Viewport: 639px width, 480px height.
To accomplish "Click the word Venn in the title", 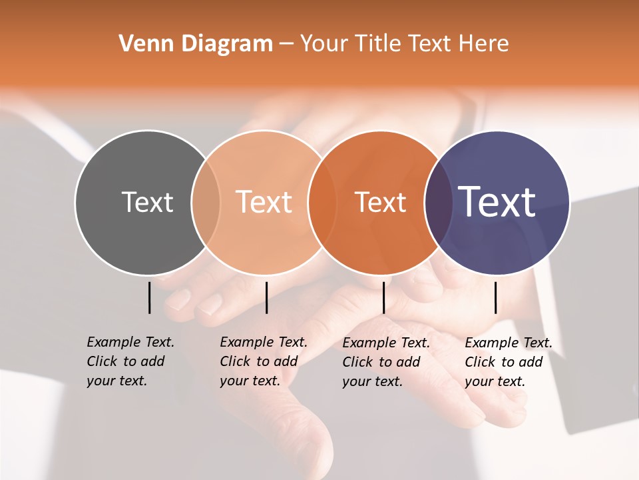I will [x=142, y=43].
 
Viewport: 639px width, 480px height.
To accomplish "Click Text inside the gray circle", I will [x=147, y=202].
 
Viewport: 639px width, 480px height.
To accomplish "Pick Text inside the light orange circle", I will [x=264, y=202].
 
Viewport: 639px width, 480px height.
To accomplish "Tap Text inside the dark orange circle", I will [x=380, y=202].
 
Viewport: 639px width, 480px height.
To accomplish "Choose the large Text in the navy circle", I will [x=497, y=202].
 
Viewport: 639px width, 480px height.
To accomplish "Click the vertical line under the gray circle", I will [x=150, y=297].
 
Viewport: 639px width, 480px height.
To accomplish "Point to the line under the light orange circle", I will [x=266, y=297].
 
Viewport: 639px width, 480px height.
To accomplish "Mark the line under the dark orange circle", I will [x=383, y=297].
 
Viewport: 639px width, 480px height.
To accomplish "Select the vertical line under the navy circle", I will [x=495, y=297].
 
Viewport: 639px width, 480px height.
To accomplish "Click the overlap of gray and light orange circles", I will [x=206, y=202].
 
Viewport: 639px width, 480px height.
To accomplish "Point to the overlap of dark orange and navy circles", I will [x=436, y=202].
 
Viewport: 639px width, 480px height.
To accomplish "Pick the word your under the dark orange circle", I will [x=356, y=381].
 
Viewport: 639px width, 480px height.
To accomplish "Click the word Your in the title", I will [x=324, y=43].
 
